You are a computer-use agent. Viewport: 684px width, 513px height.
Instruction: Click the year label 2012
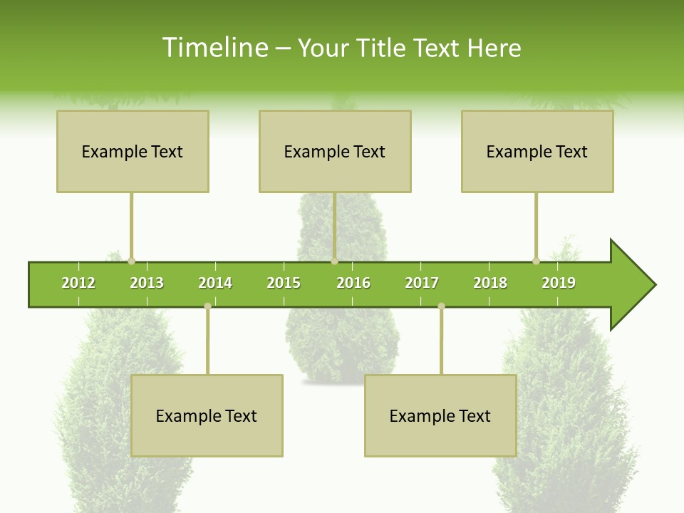(78, 283)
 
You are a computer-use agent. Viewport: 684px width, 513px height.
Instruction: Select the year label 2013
(147, 283)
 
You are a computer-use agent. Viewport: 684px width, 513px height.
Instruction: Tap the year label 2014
(215, 283)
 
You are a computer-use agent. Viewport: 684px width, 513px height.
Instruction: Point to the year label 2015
(284, 283)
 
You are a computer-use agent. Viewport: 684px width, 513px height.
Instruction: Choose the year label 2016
(353, 283)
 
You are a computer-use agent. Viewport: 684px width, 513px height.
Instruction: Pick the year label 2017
(422, 283)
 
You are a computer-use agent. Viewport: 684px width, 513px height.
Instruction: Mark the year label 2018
(490, 283)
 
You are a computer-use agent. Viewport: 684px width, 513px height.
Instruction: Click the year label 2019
(559, 283)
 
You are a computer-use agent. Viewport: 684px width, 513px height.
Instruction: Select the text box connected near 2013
(133, 151)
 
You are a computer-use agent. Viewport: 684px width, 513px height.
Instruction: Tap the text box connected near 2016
(335, 151)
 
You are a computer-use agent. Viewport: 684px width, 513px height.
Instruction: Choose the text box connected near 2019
(537, 151)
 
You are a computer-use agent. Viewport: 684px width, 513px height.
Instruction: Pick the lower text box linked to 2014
(207, 415)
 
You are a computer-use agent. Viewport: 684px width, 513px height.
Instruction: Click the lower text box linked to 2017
(440, 415)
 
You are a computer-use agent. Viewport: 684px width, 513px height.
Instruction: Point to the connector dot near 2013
(131, 261)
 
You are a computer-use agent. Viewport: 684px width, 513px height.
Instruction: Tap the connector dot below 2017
(441, 306)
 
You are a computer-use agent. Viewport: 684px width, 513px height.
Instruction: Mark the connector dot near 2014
(207, 306)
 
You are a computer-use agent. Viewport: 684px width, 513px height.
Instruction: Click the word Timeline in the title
(214, 48)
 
